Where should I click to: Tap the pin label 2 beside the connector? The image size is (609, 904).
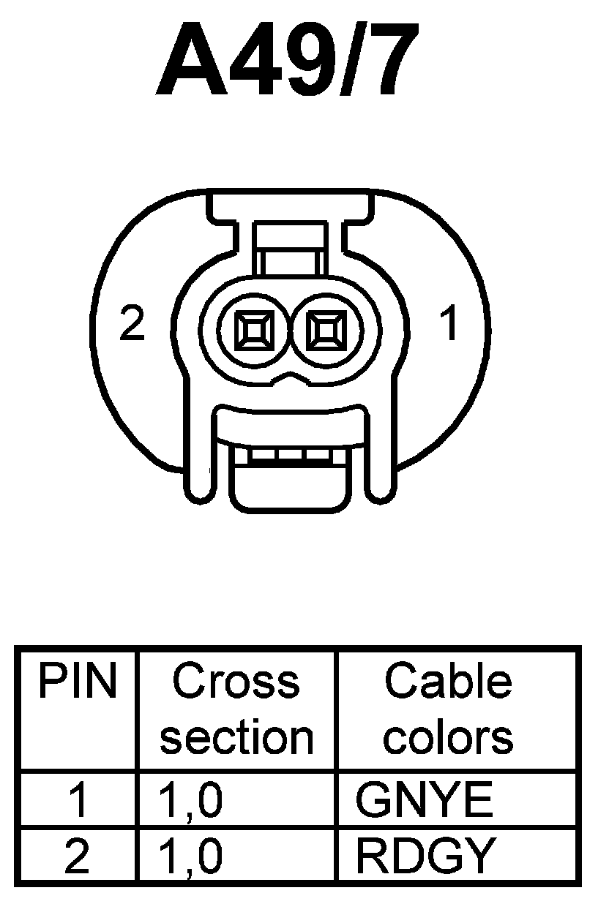(x=132, y=324)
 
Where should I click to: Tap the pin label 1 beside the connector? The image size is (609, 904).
(x=448, y=324)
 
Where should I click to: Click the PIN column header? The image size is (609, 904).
(x=77, y=682)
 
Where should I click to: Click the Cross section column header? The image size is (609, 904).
(x=236, y=709)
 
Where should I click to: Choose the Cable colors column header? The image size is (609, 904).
(x=448, y=709)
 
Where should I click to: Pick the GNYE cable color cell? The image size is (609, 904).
(x=424, y=800)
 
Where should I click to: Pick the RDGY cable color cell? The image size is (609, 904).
(x=425, y=856)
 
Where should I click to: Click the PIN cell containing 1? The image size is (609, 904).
(x=77, y=800)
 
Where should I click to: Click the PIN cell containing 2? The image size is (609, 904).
(x=77, y=856)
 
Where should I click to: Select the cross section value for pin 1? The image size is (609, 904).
(x=190, y=800)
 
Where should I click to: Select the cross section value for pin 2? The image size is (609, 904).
(x=190, y=856)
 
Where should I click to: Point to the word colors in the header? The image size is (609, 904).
(x=448, y=737)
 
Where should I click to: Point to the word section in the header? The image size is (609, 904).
(x=236, y=737)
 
